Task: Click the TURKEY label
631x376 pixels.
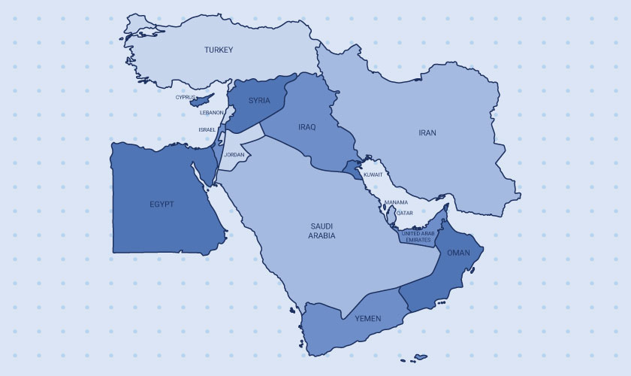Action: click(x=219, y=50)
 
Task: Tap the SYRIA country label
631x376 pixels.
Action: click(x=259, y=101)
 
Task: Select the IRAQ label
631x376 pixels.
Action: click(x=306, y=126)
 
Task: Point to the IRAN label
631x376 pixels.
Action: click(x=427, y=132)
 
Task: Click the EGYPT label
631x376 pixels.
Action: click(x=162, y=204)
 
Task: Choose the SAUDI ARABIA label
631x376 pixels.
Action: click(x=322, y=231)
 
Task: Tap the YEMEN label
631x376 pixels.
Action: click(x=369, y=319)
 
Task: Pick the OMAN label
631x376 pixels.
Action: click(x=458, y=253)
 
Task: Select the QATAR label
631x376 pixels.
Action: click(x=404, y=213)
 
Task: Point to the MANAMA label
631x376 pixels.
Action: click(x=396, y=202)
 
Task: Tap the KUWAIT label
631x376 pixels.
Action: click(x=373, y=174)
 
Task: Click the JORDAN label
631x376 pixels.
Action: click(x=234, y=155)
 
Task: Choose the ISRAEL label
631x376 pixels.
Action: click(x=207, y=129)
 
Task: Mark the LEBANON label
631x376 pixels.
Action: click(x=211, y=113)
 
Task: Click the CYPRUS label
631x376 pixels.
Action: click(x=186, y=97)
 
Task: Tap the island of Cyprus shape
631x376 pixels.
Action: click(x=201, y=101)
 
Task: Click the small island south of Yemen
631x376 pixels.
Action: click(x=419, y=356)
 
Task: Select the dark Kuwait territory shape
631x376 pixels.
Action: click(x=352, y=167)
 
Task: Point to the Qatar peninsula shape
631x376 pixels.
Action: click(x=391, y=217)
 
